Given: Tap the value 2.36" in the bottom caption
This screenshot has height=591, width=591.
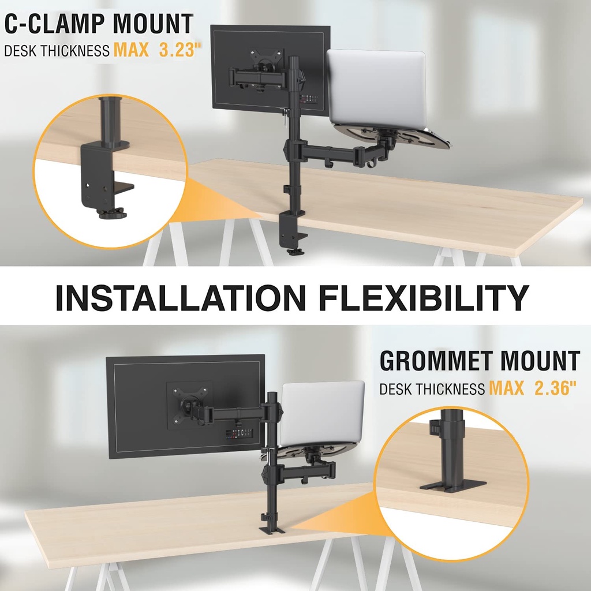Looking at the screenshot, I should (555, 388).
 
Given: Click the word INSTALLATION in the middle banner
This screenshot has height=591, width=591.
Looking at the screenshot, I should (179, 297).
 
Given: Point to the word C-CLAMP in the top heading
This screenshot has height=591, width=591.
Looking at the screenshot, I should (55, 24).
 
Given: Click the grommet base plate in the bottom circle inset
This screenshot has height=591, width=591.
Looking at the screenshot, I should (445, 487).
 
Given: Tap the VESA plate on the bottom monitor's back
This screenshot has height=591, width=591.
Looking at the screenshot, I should (189, 405).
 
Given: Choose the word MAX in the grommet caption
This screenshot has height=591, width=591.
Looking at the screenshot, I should (507, 388).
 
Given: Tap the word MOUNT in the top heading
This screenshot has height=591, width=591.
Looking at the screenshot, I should (153, 24).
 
